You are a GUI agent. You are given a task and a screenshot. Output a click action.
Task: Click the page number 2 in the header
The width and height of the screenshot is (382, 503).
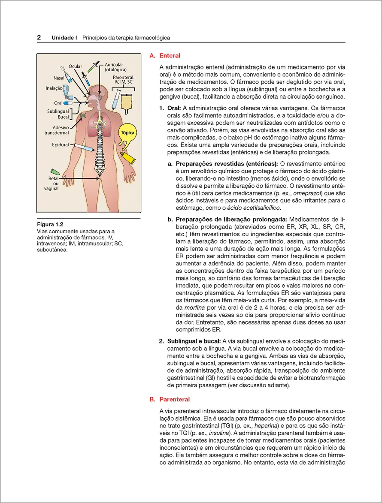coord(39,38)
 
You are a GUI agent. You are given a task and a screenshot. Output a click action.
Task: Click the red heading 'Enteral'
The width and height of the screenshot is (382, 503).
coord(170,56)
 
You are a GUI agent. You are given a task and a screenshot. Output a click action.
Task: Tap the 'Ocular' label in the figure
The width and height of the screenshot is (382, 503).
coord(75,66)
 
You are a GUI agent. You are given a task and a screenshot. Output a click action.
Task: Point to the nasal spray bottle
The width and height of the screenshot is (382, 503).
coord(69,76)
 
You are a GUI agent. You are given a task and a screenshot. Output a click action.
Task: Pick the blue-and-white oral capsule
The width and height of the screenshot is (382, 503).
coord(68,103)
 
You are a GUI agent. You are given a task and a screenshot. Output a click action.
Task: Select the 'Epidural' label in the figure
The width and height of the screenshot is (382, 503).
coord(60,145)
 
